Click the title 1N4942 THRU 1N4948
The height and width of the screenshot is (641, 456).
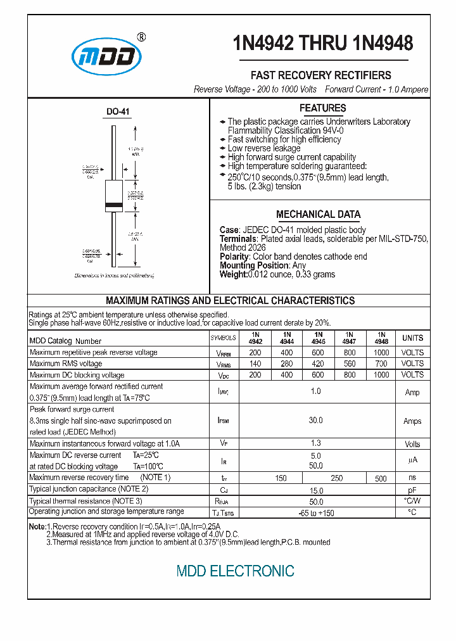(323, 42)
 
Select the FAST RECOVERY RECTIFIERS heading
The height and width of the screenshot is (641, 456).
(320, 75)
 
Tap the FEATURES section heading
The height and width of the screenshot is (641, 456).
(322, 108)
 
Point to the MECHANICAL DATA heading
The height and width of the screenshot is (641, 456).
(318, 214)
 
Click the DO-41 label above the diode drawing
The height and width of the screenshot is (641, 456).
(118, 111)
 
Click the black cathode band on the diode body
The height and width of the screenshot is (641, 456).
(113, 204)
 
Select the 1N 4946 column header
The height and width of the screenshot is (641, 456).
(318, 338)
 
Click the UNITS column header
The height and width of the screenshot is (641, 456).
(412, 338)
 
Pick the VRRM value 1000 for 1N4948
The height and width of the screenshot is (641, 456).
(381, 352)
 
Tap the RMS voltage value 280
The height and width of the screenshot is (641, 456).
(286, 364)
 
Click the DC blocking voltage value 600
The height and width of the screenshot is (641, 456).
(318, 375)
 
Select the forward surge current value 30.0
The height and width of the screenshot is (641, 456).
(315, 421)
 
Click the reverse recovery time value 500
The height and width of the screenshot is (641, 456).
(381, 479)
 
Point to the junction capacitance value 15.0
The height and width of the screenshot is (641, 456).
(315, 490)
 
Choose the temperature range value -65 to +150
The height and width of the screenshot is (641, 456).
(315, 512)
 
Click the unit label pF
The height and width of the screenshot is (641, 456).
(412, 490)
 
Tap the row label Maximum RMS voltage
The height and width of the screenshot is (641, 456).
(66, 364)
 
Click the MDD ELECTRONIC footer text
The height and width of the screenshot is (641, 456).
(235, 571)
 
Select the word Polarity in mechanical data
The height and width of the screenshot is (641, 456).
(234, 257)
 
